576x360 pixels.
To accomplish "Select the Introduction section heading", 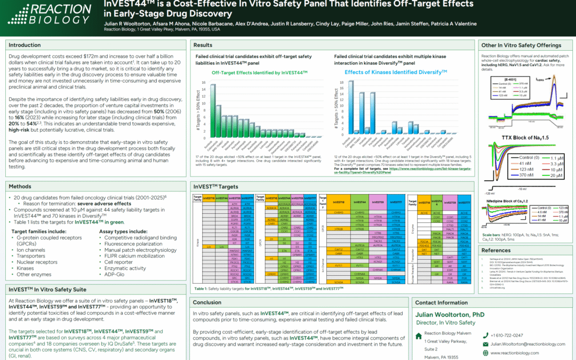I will coord(25,45).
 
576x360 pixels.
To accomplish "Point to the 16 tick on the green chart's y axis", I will coord(203,82).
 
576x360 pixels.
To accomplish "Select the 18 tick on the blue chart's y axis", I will coord(342,82).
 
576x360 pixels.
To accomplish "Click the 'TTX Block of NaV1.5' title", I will coord(526,138).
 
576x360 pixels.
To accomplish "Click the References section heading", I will coord(496,250).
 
